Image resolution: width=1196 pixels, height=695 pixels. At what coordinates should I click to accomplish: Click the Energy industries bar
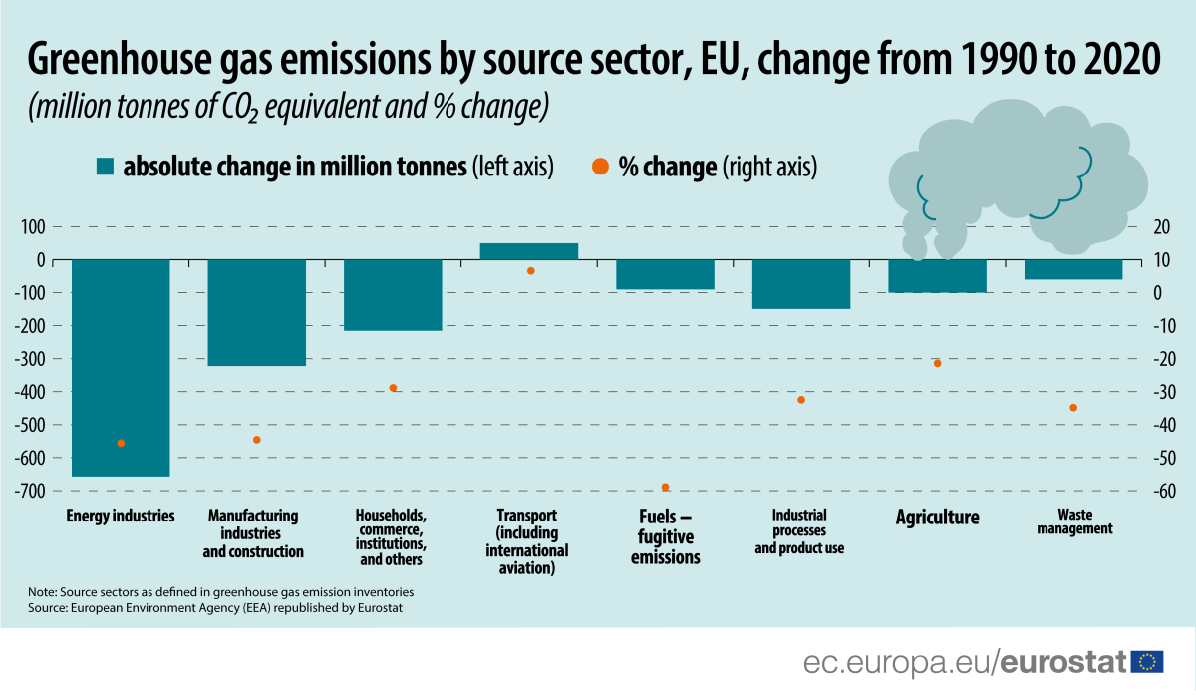[121, 368]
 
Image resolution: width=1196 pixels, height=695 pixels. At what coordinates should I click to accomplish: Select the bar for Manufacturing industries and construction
[256, 313]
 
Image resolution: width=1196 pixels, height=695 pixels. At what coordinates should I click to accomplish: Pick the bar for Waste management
[1073, 269]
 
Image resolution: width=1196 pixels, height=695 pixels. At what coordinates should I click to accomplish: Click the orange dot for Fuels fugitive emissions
[665, 487]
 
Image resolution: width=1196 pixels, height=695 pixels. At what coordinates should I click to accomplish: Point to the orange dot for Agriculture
[937, 363]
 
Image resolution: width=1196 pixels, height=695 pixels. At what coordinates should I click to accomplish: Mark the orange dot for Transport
[530, 271]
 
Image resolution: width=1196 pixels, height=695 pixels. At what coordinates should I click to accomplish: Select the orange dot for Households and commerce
[393, 388]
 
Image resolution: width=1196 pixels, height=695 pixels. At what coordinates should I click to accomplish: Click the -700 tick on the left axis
[30, 491]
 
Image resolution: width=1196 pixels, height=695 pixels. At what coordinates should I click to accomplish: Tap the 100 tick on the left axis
[34, 227]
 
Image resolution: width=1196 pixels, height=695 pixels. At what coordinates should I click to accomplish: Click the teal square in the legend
[105, 168]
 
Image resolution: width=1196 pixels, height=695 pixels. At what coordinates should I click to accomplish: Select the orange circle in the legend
[598, 168]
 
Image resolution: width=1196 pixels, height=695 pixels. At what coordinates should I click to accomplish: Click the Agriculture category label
[937, 518]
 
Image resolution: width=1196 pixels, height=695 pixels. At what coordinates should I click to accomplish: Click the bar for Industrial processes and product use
[800, 284]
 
